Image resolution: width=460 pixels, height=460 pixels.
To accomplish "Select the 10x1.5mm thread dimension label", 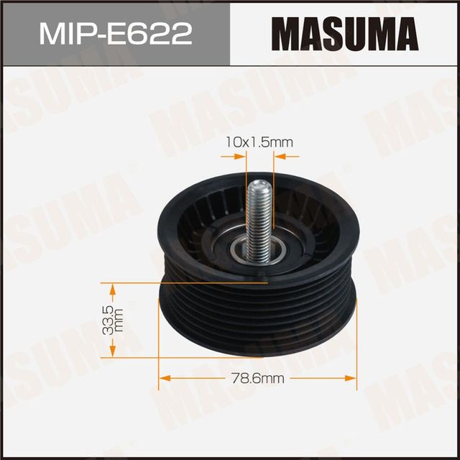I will point(258,143).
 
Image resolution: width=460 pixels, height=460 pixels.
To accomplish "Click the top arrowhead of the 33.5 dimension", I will point(111,288).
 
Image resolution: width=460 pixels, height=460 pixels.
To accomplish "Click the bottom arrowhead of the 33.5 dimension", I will point(111,351).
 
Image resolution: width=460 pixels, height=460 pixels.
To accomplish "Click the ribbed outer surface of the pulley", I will point(259,316).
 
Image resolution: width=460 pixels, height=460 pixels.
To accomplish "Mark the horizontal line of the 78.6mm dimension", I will point(216,376).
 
